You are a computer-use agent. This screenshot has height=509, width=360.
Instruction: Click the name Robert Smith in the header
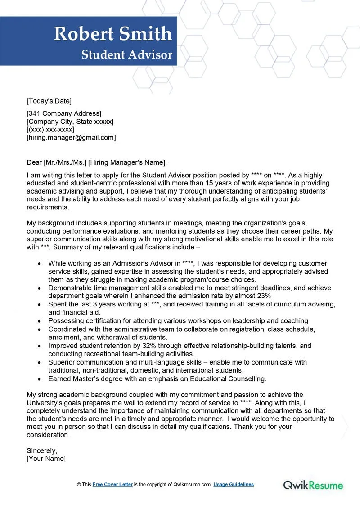(x=112, y=34)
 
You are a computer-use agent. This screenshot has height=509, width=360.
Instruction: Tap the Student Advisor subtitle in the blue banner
(x=127, y=55)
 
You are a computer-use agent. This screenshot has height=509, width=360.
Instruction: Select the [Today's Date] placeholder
(x=49, y=101)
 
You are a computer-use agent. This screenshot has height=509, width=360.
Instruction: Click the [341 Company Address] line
(x=64, y=113)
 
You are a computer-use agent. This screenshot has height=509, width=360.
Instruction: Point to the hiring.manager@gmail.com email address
(x=71, y=138)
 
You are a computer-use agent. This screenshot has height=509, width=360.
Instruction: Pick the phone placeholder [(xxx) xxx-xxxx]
(x=50, y=130)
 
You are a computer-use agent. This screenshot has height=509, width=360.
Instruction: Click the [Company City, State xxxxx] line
(x=70, y=122)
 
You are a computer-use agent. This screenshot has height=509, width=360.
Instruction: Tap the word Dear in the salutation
(x=34, y=162)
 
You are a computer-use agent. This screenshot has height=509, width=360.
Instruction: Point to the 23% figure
(x=263, y=296)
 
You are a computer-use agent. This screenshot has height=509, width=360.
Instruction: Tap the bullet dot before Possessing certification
(x=40, y=321)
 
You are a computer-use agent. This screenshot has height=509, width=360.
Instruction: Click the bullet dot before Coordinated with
(x=40, y=329)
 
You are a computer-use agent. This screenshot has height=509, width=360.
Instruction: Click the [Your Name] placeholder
(x=46, y=458)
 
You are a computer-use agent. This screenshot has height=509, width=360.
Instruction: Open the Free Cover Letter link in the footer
(x=112, y=485)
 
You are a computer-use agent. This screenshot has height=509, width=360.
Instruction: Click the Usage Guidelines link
(x=234, y=485)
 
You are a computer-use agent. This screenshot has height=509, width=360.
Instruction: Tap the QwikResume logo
(x=313, y=485)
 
